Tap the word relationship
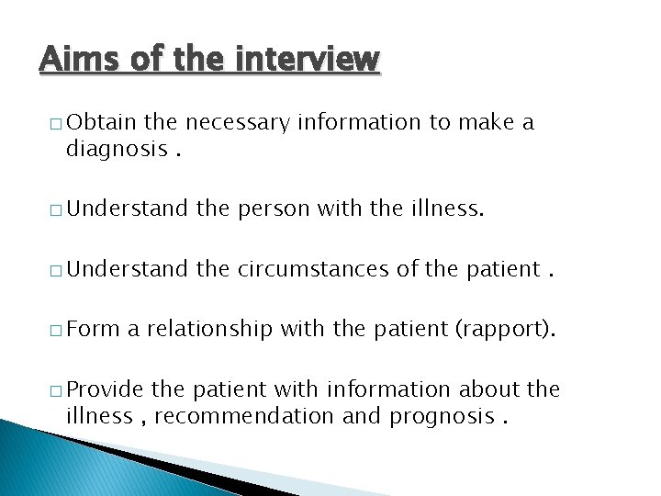209,330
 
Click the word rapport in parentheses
505,330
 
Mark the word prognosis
440,415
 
